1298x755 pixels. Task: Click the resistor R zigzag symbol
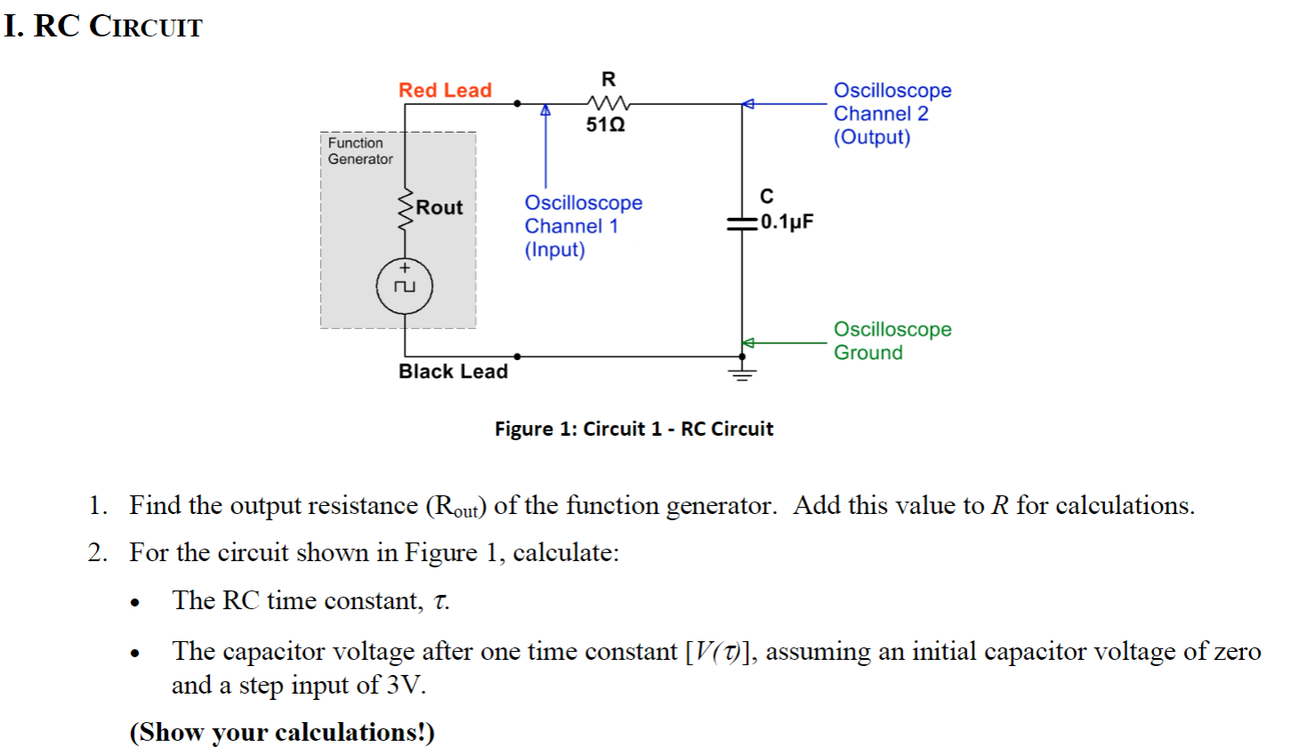[x=608, y=103]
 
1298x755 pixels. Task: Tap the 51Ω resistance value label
[x=605, y=125]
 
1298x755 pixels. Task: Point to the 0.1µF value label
[x=787, y=221]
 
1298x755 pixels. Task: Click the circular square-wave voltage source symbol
[x=405, y=285]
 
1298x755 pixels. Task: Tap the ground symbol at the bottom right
[x=742, y=373]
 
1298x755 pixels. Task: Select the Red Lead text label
[x=445, y=90]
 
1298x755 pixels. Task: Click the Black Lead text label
[x=453, y=372]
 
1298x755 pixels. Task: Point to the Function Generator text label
[x=359, y=151]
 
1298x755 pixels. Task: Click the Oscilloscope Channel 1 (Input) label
[x=582, y=226]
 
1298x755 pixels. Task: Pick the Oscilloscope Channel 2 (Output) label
[x=891, y=114]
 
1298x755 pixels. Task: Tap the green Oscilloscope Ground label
[x=891, y=341]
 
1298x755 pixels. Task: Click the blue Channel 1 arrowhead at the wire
[x=546, y=110]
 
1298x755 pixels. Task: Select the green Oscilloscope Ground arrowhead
[x=749, y=342]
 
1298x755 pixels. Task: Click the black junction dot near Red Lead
[x=517, y=103]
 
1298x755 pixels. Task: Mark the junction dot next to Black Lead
[x=517, y=357]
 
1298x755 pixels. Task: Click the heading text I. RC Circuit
[x=103, y=27]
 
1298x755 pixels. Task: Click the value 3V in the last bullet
[x=405, y=685]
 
